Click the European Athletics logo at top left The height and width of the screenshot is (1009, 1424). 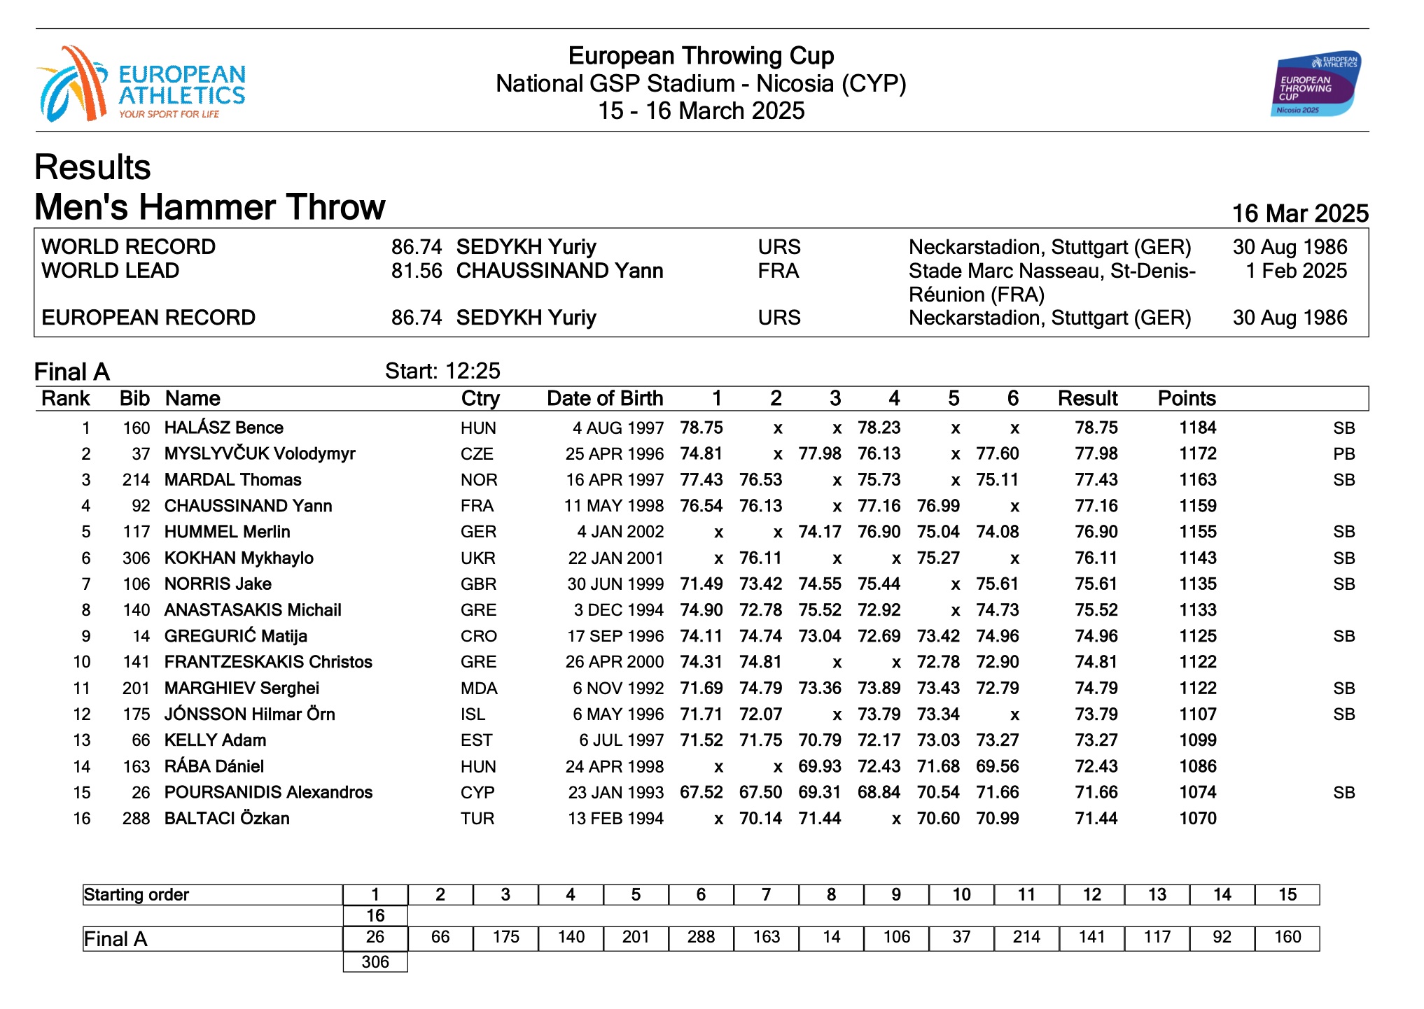pyautogui.click(x=140, y=84)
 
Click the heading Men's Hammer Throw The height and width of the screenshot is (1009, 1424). pyautogui.click(x=209, y=207)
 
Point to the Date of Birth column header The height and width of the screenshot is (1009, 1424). pyautogui.click(x=604, y=398)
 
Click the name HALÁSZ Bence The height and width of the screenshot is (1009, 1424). pyautogui.click(x=223, y=428)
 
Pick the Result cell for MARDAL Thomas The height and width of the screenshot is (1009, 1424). pyautogui.click(x=1096, y=480)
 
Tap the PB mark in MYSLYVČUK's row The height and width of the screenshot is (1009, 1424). pyautogui.click(x=1343, y=454)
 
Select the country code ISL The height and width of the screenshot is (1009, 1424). pyautogui.click(x=473, y=714)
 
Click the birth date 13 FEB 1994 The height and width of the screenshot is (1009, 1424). pyautogui.click(x=615, y=819)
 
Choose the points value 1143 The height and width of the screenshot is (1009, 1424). pyautogui.click(x=1197, y=558)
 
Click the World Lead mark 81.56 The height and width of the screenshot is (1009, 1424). pyautogui.click(x=416, y=271)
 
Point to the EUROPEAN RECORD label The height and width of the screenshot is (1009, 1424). pyautogui.click(x=148, y=318)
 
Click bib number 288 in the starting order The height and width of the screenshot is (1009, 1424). pyautogui.click(x=701, y=937)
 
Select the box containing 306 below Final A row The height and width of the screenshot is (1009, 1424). pyautogui.click(x=375, y=961)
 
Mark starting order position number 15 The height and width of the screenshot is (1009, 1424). pyautogui.click(x=1287, y=895)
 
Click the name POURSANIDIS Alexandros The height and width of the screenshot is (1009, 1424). pyautogui.click(x=268, y=793)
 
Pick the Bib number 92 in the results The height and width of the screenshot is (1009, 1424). pyautogui.click(x=141, y=506)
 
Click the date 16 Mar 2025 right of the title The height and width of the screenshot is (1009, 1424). pyautogui.click(x=1299, y=213)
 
